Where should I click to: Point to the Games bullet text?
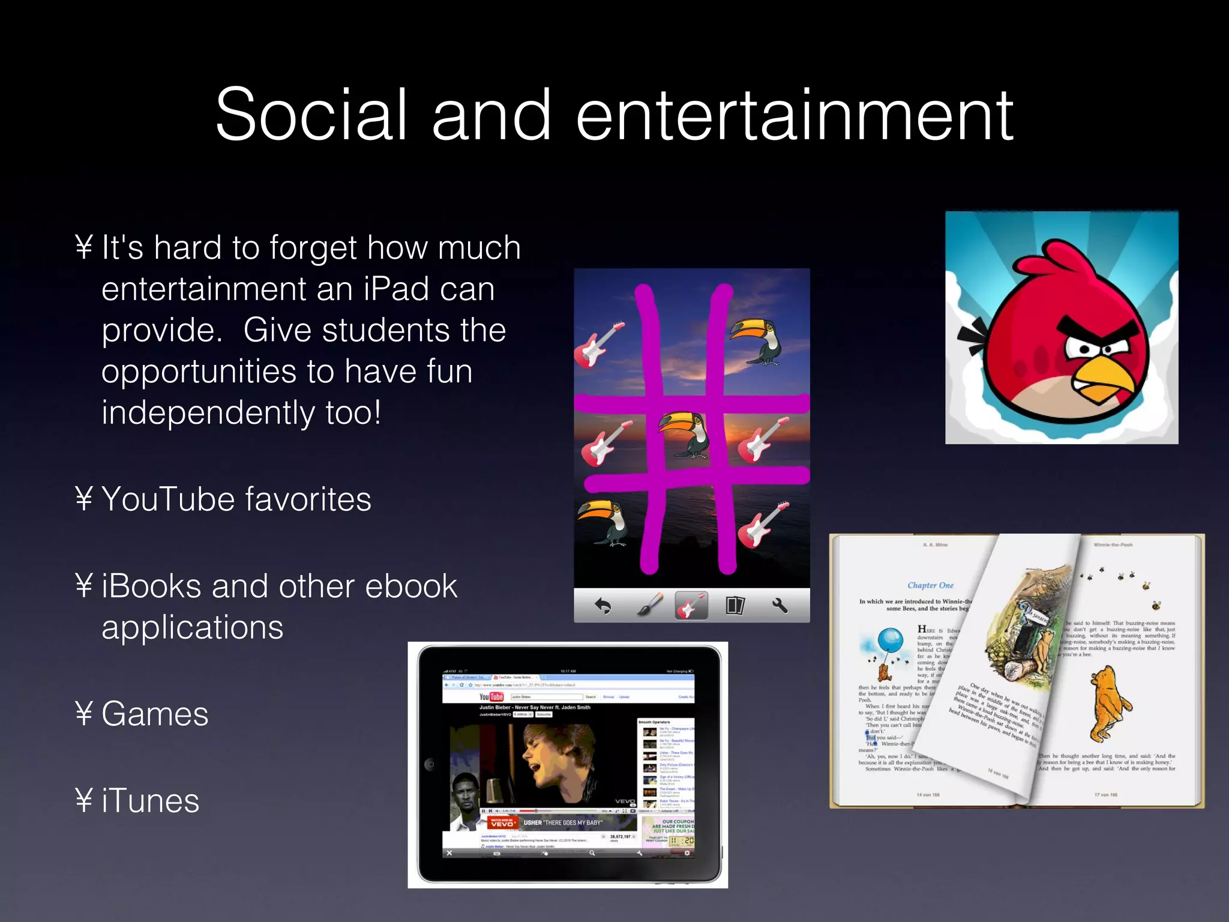tap(155, 714)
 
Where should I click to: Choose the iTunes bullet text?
tap(150, 801)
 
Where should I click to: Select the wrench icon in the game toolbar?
tap(780, 606)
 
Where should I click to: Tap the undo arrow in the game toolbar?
tap(602, 606)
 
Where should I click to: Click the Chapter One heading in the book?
tap(930, 585)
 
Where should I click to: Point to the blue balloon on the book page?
tap(891, 640)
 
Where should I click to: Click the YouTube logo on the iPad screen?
tap(491, 697)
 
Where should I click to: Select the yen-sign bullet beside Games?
tap(84, 714)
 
